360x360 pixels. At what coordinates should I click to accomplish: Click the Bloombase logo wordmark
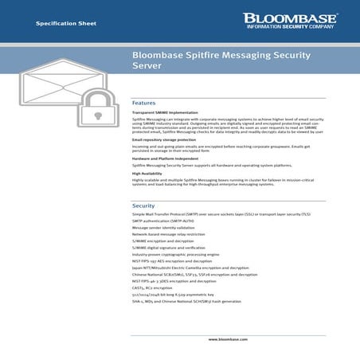click(x=289, y=18)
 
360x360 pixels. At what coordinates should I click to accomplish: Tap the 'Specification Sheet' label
click(x=66, y=24)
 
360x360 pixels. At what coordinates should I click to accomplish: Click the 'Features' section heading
click(x=144, y=104)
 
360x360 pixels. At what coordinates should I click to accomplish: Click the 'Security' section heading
click(x=144, y=205)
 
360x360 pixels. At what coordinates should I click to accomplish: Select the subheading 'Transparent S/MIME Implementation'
click(x=165, y=113)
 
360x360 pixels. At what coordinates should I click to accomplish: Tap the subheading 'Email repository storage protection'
click(x=164, y=139)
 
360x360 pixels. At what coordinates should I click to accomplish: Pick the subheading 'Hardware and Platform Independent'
click(x=164, y=158)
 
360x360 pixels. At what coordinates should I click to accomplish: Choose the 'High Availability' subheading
click(x=147, y=173)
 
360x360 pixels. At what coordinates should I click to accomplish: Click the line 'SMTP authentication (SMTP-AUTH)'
click(x=165, y=222)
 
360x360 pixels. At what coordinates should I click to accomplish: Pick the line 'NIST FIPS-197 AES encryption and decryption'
click(x=179, y=261)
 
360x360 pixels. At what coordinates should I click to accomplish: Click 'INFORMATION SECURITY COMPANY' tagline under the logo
click(x=289, y=26)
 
